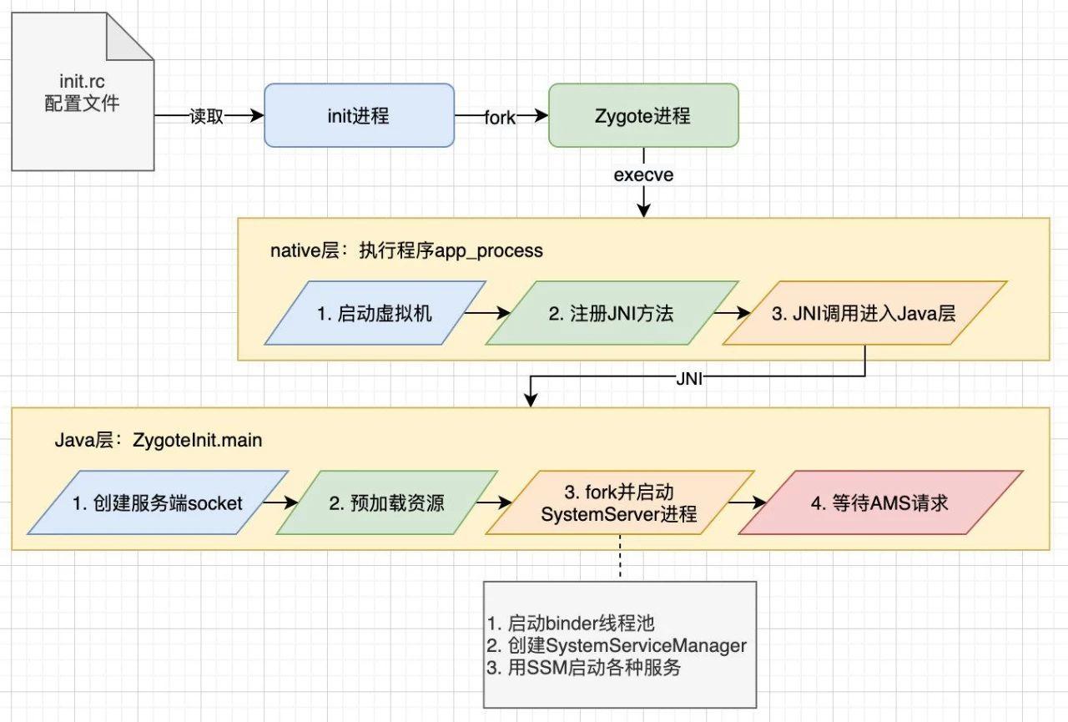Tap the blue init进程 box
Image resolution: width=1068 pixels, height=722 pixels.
click(x=359, y=115)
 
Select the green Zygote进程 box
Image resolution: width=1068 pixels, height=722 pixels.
click(x=642, y=115)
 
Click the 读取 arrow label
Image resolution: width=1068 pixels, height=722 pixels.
click(x=208, y=117)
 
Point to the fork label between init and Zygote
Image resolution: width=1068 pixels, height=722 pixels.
click(x=500, y=118)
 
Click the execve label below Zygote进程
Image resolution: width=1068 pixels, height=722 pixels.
click(x=642, y=175)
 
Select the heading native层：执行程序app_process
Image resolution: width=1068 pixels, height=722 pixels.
click(x=406, y=250)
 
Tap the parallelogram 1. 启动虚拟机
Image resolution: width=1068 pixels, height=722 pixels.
click(x=375, y=313)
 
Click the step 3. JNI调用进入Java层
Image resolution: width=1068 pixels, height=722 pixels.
click(x=864, y=313)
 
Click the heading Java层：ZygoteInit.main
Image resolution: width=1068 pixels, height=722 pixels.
click(x=158, y=440)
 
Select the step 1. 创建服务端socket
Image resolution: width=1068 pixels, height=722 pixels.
click(x=158, y=502)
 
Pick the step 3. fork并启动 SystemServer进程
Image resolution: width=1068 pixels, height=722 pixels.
click(x=619, y=502)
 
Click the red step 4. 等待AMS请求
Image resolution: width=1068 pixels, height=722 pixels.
click(x=880, y=502)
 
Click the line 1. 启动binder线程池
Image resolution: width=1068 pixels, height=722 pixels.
click(x=572, y=623)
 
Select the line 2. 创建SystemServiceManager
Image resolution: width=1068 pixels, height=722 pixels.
click(x=617, y=645)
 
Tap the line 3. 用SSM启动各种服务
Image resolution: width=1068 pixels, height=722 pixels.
click(x=584, y=668)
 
